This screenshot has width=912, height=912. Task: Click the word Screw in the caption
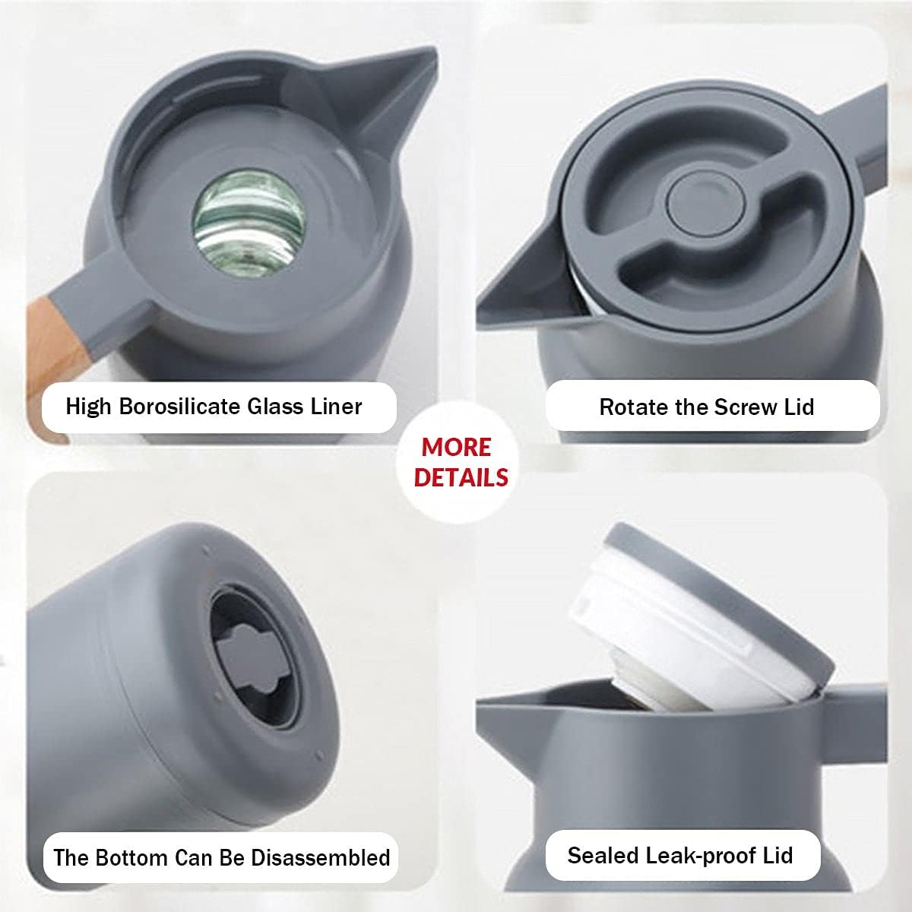click(x=743, y=407)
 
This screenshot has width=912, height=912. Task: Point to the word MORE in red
click(x=456, y=447)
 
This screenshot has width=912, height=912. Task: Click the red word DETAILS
click(x=461, y=477)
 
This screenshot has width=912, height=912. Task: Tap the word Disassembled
click(x=320, y=858)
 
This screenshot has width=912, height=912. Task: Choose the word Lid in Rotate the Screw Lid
click(x=799, y=407)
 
